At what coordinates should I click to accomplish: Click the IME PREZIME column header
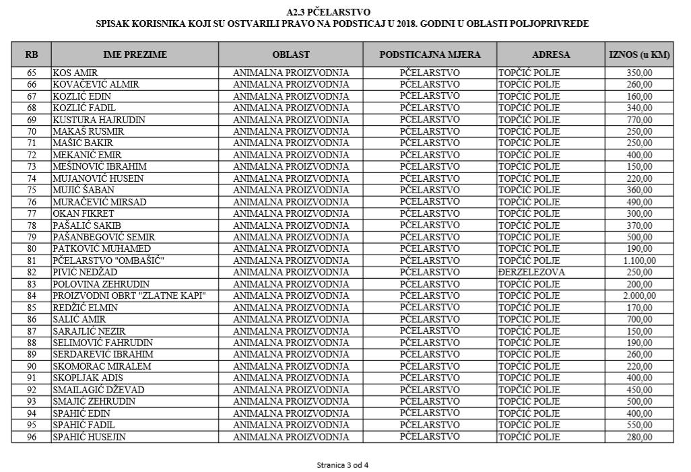[135, 55]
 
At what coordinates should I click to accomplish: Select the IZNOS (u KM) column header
[639, 55]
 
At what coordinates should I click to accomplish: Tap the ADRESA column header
[551, 55]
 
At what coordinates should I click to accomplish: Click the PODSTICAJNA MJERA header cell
[430, 55]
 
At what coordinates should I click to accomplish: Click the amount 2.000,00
[639, 296]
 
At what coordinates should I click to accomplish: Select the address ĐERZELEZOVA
[531, 272]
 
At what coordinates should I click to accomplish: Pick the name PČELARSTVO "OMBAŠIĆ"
[100, 261]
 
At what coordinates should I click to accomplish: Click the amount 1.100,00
[639, 261]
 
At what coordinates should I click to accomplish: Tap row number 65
[32, 73]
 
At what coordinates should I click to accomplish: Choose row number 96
[32, 437]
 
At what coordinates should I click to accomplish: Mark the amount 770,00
[639, 120]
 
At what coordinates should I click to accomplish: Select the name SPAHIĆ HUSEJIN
[90, 437]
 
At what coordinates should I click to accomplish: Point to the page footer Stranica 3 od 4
[343, 465]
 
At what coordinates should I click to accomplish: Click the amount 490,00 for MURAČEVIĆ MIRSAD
[639, 202]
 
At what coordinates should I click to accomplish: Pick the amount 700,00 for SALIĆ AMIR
[639, 319]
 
